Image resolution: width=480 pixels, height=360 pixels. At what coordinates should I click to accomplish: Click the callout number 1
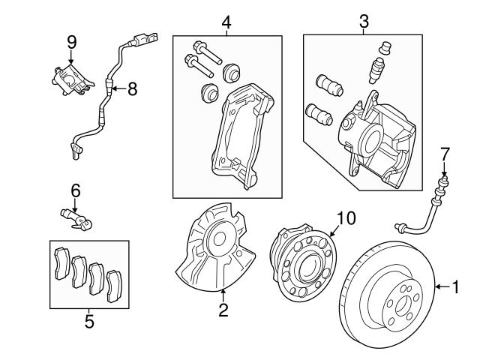[455, 286]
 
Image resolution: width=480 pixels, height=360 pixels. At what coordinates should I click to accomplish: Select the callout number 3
[364, 21]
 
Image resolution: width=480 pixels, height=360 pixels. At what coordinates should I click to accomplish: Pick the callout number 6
[75, 191]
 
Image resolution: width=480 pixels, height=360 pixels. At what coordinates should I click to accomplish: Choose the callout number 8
[132, 89]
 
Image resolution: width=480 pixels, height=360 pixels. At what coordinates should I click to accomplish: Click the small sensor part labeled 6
[75, 215]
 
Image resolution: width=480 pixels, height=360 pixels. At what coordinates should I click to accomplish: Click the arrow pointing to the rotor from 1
[441, 286]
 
